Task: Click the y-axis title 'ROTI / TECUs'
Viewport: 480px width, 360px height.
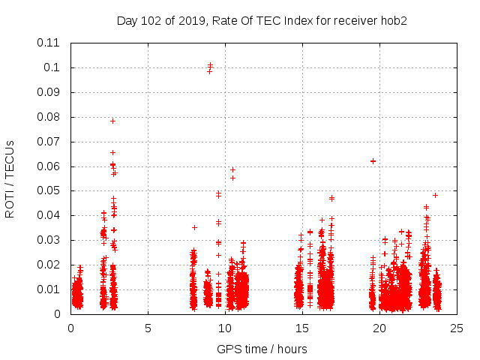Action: tap(10, 178)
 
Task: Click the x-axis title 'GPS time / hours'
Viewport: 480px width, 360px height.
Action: tap(262, 349)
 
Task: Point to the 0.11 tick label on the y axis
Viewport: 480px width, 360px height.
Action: tap(50, 43)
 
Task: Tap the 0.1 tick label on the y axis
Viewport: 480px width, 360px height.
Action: tap(54, 67)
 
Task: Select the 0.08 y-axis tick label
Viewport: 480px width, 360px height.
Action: tap(50, 117)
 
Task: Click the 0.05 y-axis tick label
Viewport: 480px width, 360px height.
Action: tap(50, 190)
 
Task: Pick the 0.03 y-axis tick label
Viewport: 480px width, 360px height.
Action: tap(50, 240)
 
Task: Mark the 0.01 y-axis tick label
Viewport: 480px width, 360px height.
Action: tap(50, 289)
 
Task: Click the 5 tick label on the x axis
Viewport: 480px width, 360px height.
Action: tap(148, 328)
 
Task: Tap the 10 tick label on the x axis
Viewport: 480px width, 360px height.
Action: tap(225, 328)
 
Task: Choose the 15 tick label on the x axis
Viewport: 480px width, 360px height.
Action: tap(303, 328)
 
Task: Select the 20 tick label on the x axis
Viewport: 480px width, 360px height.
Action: tap(380, 328)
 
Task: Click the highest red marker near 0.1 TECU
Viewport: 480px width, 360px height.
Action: tap(211, 65)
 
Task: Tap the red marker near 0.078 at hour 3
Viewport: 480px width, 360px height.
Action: tap(112, 121)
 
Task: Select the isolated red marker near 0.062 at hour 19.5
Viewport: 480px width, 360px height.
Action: tap(373, 161)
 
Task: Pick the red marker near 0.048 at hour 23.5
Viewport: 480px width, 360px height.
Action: tap(435, 195)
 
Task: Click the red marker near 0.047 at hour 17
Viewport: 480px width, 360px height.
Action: tap(331, 198)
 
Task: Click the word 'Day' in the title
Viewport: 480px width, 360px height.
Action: tap(127, 20)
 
